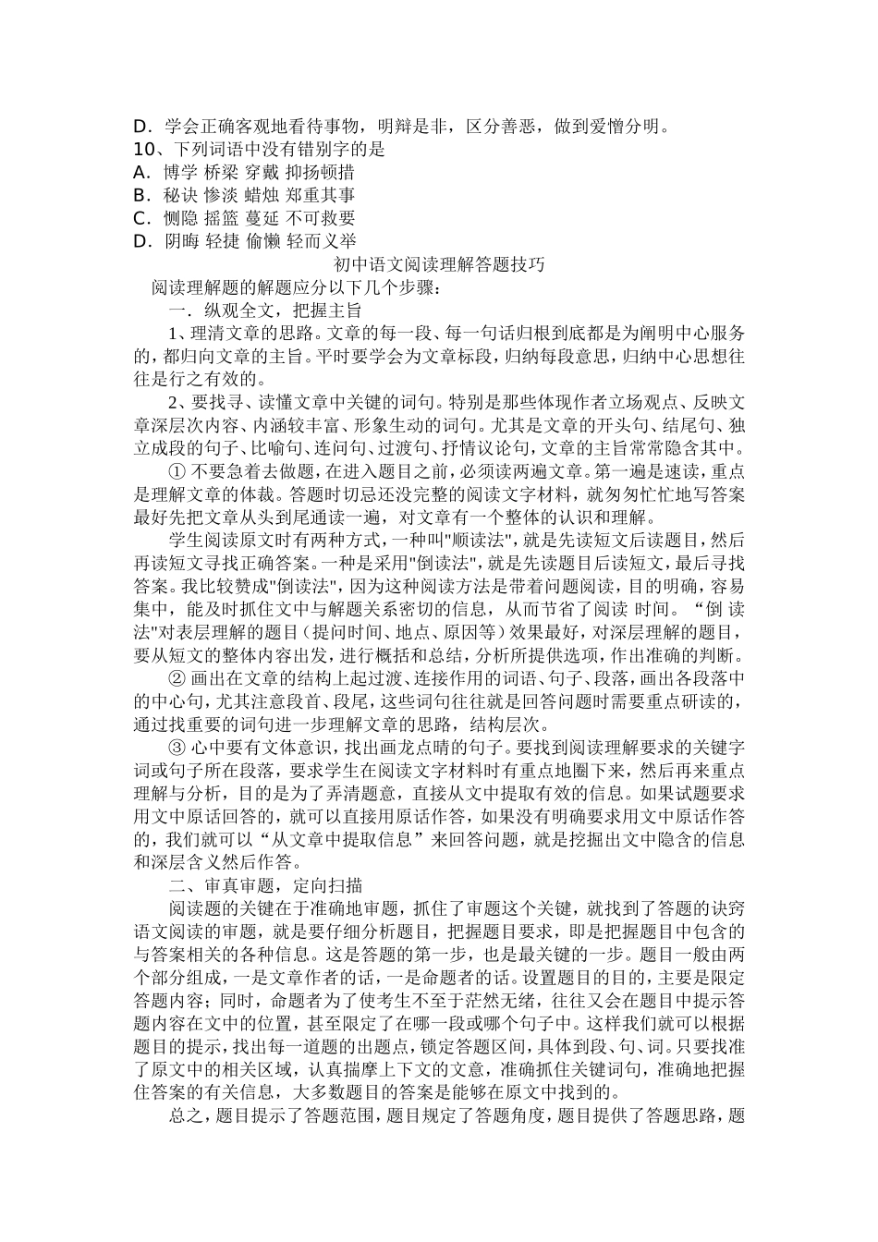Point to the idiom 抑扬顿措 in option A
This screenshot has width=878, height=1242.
point(320,172)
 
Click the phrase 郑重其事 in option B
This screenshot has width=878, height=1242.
point(320,195)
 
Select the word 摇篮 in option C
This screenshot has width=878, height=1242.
point(223,218)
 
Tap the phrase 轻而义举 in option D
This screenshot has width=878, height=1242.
point(320,241)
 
